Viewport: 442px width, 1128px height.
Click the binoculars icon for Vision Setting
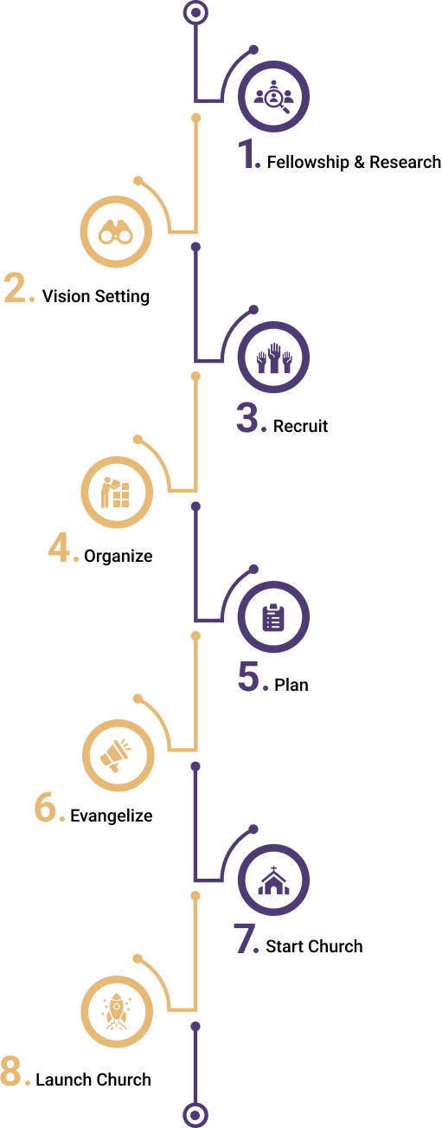coord(115,232)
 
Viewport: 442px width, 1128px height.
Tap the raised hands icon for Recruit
coord(274,358)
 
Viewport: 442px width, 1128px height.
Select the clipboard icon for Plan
coord(273,617)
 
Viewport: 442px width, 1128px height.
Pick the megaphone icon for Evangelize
coord(116,756)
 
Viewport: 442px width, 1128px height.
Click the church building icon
coord(274,880)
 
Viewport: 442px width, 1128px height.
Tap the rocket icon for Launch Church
coord(116,1011)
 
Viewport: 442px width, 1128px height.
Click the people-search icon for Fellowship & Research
coord(273,97)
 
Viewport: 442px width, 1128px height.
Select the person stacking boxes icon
coord(115,492)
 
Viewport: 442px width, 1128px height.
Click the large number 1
coord(247,153)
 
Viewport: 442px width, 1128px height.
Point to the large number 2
coord(16,287)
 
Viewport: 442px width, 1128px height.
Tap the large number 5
coord(248,676)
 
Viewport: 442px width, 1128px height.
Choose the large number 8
coord(11,1071)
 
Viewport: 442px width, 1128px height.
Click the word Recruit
coord(300,426)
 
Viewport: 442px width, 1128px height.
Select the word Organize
coord(119,557)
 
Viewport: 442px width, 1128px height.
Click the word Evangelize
coord(112,815)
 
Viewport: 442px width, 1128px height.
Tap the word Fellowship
coord(308,162)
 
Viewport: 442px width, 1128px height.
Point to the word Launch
coord(63,1080)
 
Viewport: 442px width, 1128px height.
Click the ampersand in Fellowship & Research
coord(359,162)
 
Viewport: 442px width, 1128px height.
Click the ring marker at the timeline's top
coord(195,13)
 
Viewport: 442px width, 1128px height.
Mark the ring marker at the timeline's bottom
coord(195,1115)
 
